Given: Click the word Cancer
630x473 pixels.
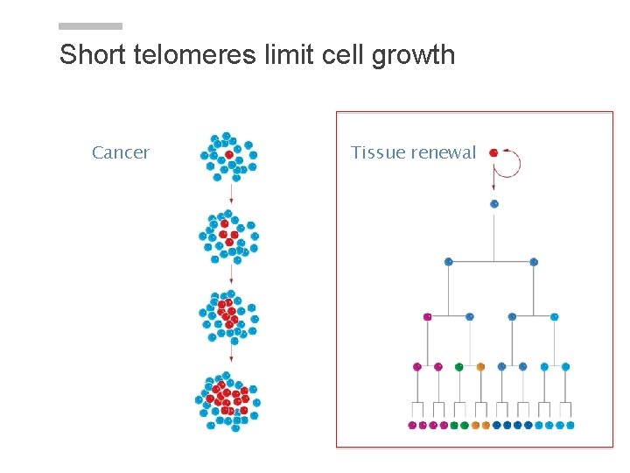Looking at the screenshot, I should click(x=121, y=152).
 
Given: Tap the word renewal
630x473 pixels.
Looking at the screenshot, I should click(x=444, y=152).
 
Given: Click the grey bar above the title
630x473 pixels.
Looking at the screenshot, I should click(x=91, y=26).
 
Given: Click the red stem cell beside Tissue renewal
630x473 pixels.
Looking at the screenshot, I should click(x=493, y=152).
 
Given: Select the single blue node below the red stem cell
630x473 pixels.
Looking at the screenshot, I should click(x=494, y=204).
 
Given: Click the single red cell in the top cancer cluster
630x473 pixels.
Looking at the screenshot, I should click(x=229, y=154).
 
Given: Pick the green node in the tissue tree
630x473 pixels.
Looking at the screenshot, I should click(x=459, y=367).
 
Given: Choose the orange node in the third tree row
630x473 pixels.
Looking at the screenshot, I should click(x=480, y=367).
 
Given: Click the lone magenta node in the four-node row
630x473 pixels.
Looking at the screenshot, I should click(x=428, y=316).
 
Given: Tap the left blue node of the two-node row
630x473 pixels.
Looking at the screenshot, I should click(x=449, y=262).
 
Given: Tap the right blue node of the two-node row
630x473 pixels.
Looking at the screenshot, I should click(x=534, y=262).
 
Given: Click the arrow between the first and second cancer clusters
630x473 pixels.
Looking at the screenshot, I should click(x=231, y=194).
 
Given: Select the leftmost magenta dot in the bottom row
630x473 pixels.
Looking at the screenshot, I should click(x=412, y=426).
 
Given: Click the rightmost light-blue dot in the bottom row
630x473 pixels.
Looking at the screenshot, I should click(x=570, y=426).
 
